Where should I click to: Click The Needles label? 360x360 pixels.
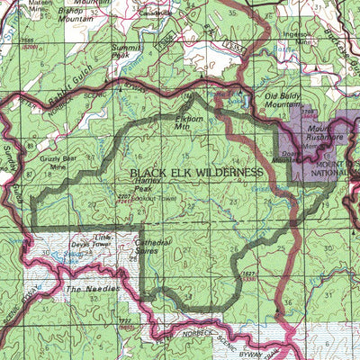86,291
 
